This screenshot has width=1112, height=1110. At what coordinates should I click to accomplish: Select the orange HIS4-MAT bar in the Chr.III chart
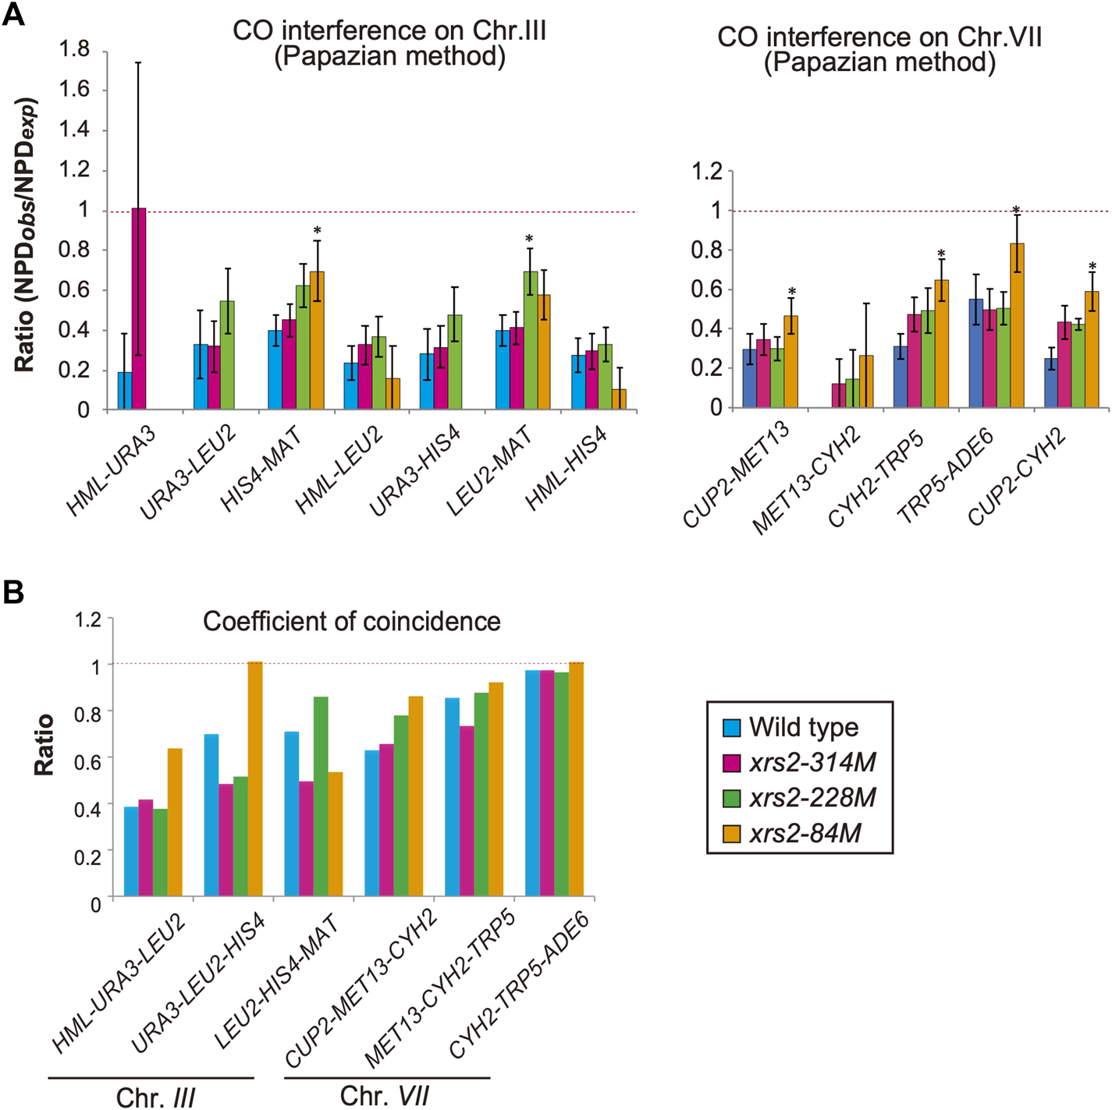point(317,341)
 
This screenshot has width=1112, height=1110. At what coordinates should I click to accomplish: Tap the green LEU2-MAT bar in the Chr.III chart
point(531,341)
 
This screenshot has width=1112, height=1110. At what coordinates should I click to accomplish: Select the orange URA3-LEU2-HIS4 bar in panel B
point(255,779)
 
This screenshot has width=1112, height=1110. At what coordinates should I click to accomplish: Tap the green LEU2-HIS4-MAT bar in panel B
point(321,796)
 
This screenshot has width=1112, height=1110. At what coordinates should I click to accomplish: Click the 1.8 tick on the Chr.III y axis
point(75,50)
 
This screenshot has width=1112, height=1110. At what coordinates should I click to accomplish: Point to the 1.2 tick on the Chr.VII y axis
point(707,172)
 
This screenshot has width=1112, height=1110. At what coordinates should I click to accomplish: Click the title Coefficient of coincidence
point(352,621)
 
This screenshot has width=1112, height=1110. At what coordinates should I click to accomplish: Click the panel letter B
point(13,594)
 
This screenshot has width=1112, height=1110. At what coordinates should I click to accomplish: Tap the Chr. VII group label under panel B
point(385,1096)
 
